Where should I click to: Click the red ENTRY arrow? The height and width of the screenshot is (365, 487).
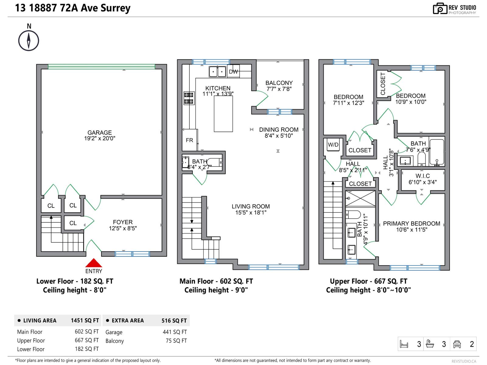point(93,263)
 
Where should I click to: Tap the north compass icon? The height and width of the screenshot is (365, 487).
point(29,40)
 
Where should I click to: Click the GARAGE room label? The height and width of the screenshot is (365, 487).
point(100,133)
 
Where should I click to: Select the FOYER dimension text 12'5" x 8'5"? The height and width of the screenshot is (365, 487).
point(123,228)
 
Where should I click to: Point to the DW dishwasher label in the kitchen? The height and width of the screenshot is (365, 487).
point(233,72)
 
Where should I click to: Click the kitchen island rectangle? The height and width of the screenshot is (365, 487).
point(223,114)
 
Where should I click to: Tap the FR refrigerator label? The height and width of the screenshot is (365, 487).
point(189,140)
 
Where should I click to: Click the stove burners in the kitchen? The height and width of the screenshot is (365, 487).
point(189,98)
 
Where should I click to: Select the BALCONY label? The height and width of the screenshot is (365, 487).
point(279,83)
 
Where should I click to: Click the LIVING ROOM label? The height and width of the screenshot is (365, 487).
point(251,207)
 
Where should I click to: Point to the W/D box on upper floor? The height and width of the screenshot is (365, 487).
point(333,145)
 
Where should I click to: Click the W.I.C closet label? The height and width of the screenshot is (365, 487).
point(422,176)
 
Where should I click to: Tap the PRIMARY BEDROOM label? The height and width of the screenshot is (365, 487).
point(412,224)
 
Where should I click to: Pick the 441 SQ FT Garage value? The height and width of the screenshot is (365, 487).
point(175,332)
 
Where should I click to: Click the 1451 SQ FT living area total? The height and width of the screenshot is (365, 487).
point(85,321)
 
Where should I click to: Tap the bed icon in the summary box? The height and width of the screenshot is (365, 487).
point(404,344)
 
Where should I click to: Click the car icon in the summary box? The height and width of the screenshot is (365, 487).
point(457,344)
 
